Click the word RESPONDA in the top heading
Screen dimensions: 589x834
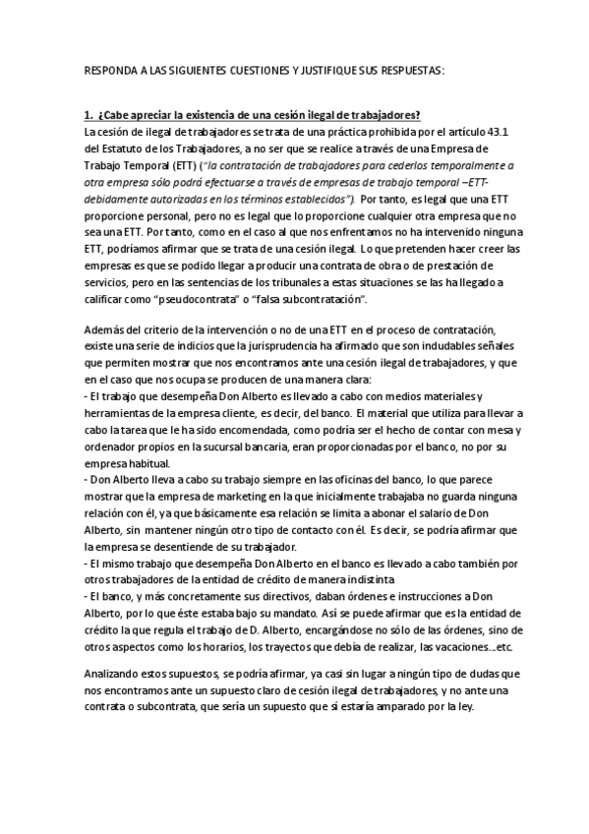pos(110,71)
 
